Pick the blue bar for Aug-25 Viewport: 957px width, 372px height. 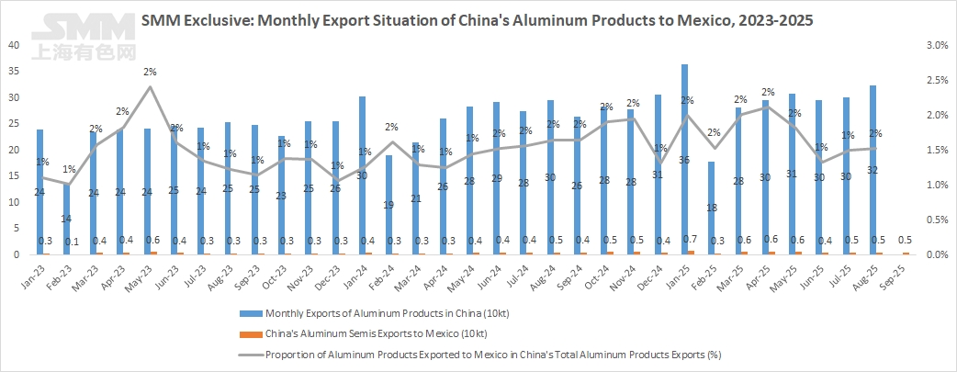(x=872, y=170)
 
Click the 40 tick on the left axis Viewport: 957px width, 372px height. (x=13, y=45)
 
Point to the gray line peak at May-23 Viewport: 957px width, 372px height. (x=150, y=87)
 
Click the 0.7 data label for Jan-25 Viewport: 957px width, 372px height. (x=689, y=241)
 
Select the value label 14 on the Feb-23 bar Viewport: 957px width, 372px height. (x=66, y=219)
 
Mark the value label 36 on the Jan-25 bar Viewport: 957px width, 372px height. (x=685, y=160)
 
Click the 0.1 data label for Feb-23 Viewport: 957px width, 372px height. (x=70, y=241)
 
